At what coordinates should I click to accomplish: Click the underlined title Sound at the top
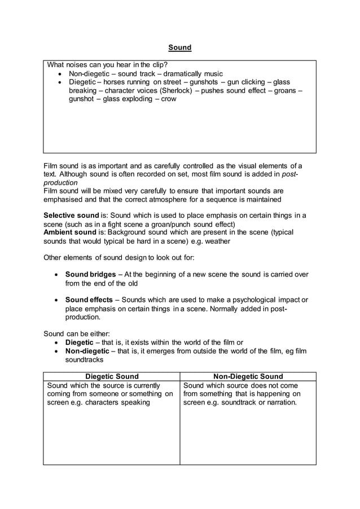pos(180,47)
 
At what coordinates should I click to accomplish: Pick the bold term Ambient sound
pos(69,232)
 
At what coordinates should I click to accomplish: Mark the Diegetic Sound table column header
pos(111,376)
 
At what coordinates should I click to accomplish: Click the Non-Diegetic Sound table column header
pos(248,376)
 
